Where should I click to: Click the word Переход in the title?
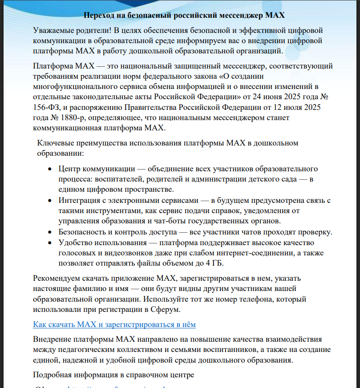click(x=97, y=15)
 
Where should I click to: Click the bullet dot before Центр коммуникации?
click(x=49, y=170)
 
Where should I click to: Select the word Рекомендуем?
click(x=56, y=279)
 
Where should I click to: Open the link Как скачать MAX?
click(x=114, y=324)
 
